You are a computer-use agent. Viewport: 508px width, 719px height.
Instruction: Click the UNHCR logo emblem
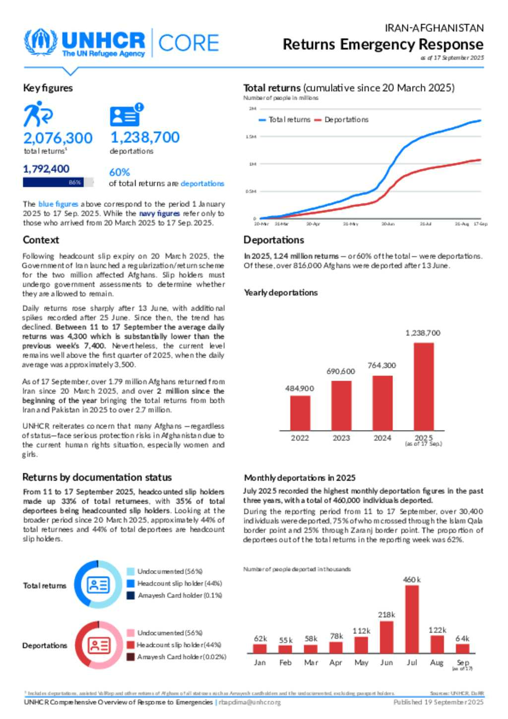41,43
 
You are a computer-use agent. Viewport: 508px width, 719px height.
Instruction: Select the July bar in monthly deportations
412,619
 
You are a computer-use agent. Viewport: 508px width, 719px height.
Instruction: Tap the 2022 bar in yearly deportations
300,413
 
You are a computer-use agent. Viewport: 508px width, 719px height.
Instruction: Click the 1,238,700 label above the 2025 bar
423,333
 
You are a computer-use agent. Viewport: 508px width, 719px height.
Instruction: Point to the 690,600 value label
341,371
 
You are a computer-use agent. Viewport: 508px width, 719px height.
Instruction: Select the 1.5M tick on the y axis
251,136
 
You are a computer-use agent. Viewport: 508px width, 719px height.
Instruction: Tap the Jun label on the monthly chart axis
386,662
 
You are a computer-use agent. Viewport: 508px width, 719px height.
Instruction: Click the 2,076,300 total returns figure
58,138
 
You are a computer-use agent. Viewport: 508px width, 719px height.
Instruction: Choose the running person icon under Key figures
37,114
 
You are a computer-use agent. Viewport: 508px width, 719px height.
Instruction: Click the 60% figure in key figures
120,172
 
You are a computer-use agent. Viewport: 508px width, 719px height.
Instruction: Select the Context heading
41,240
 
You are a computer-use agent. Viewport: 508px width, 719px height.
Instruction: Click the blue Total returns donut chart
98,585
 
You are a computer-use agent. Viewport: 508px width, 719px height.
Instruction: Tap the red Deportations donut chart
99,645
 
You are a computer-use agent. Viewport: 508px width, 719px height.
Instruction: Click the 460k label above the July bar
412,580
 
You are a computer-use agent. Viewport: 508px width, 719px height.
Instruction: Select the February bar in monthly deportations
285,649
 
